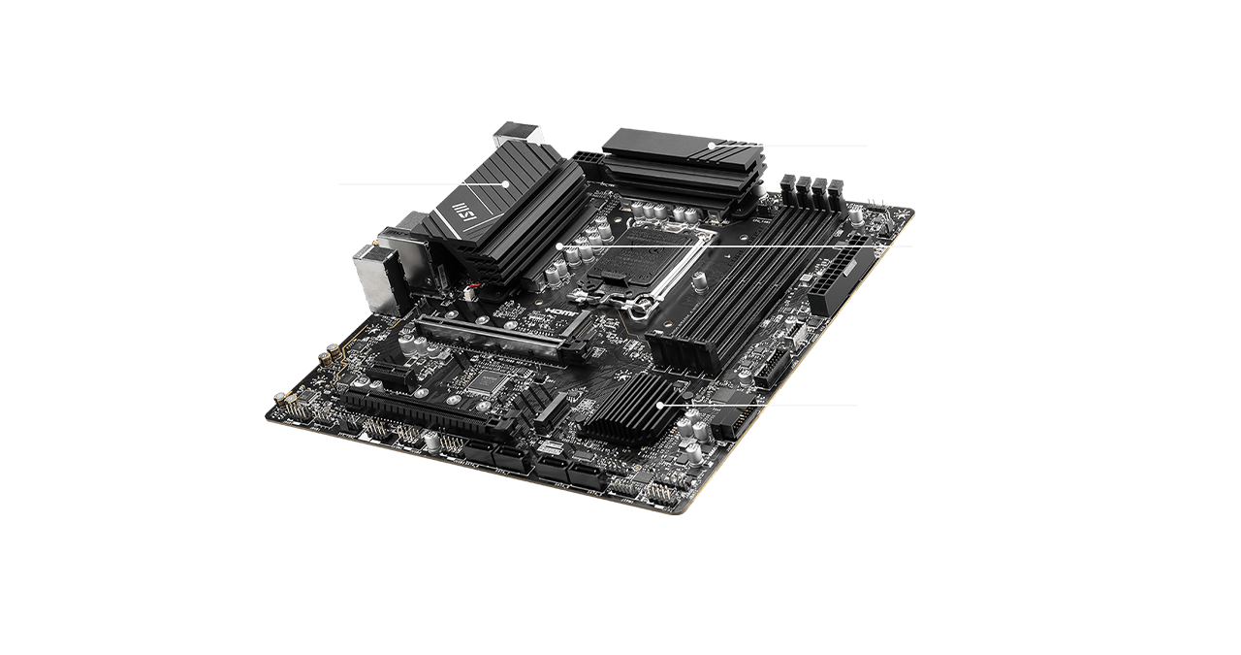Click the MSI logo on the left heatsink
point(464,212)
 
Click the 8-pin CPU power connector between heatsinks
point(588,156)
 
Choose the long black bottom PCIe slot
point(427,412)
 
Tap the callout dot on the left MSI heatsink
point(506,182)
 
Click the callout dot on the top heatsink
point(711,147)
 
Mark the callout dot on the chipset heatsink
point(659,404)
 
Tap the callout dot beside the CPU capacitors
point(561,246)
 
